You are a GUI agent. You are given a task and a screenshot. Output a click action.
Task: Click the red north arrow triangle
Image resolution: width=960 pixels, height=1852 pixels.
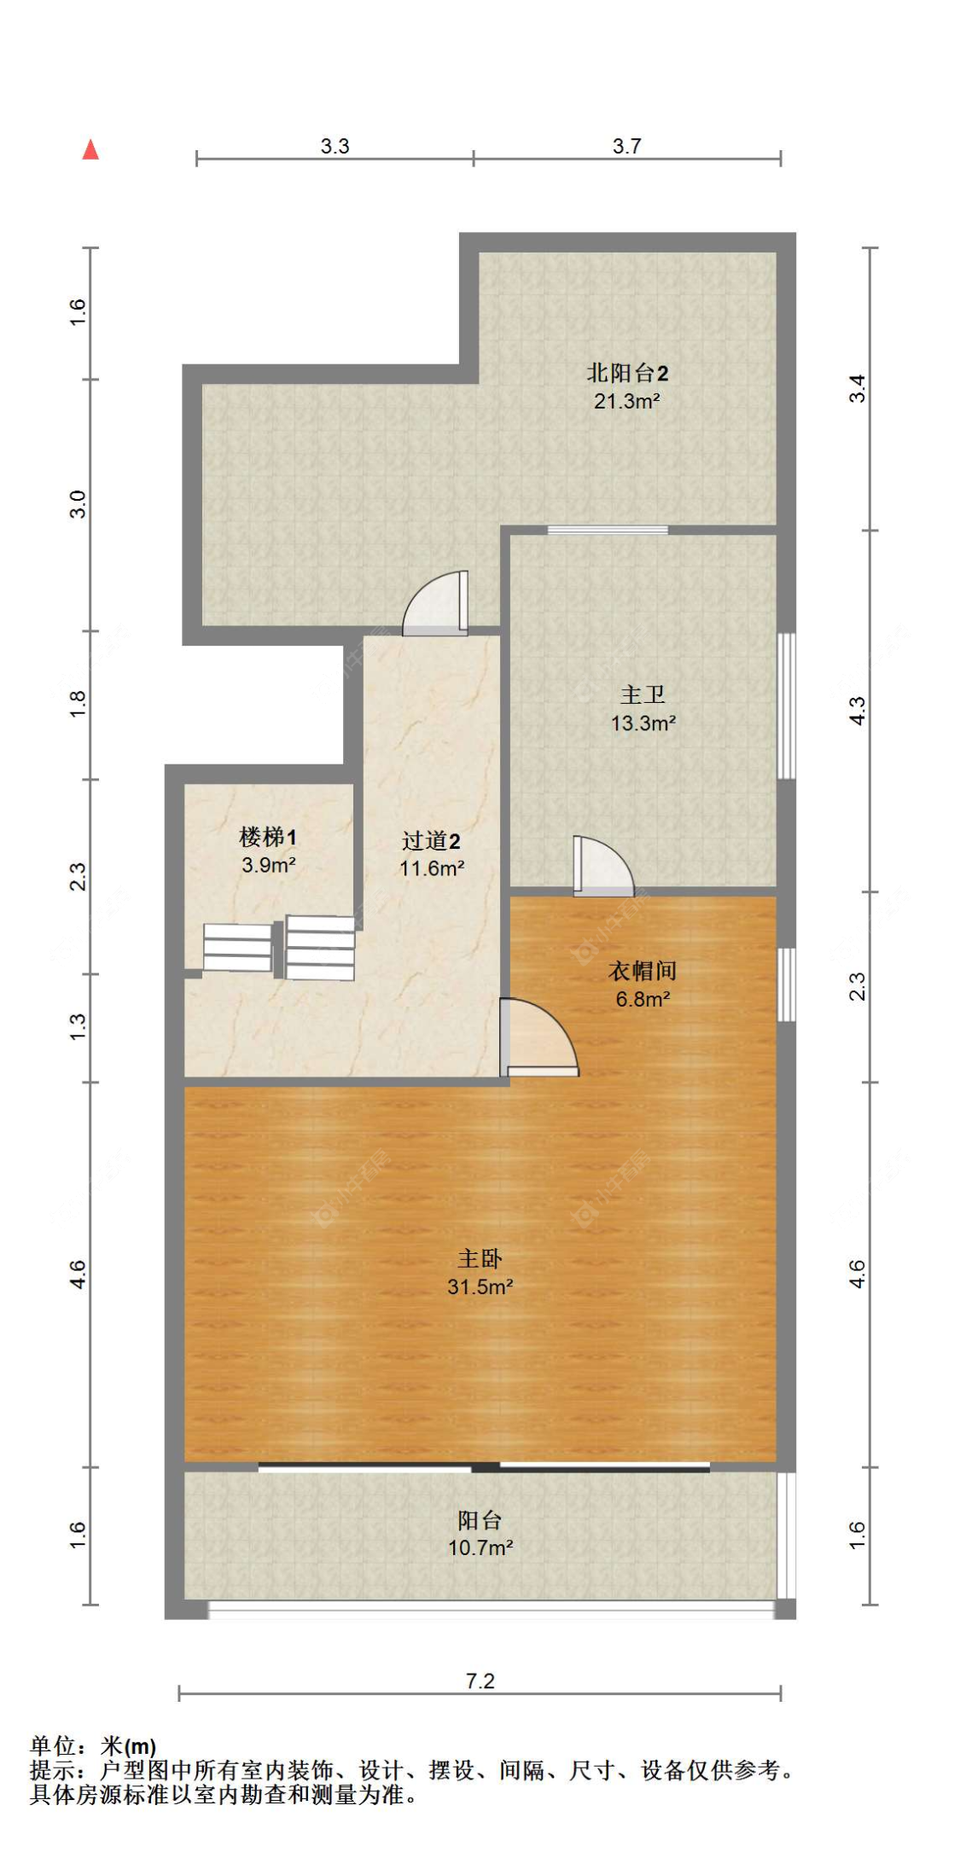[90, 150]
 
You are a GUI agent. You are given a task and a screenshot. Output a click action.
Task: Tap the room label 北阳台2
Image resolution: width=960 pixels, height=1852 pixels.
[626, 372]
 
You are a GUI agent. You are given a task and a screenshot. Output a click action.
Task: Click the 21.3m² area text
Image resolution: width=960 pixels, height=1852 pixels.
[626, 400]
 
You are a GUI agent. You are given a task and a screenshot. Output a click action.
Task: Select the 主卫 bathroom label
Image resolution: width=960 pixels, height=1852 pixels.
[643, 695]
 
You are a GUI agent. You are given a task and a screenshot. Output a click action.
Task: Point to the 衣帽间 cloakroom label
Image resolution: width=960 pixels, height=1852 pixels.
[643, 971]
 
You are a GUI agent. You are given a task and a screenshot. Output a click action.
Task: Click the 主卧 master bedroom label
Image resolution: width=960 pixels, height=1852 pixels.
[480, 1258]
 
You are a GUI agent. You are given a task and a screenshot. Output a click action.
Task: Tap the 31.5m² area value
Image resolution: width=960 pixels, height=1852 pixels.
[480, 1286]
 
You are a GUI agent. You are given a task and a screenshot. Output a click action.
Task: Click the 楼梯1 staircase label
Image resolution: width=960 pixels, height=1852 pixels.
[268, 837]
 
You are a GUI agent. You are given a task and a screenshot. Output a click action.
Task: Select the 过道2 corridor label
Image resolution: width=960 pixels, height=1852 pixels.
[431, 841]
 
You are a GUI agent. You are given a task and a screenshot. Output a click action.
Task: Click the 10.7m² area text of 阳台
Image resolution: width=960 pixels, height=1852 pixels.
[480, 1547]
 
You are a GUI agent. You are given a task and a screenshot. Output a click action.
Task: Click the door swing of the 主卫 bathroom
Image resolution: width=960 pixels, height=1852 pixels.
[602, 867]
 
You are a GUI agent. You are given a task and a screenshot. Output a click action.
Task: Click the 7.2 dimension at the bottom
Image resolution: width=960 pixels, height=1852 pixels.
[480, 1681]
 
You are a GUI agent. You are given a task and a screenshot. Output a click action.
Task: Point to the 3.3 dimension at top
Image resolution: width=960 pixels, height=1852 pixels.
[335, 146]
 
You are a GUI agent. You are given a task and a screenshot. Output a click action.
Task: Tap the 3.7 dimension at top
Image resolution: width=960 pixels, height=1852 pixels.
[626, 146]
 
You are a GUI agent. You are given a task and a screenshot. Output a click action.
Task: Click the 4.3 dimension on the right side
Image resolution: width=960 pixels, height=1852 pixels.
[858, 711]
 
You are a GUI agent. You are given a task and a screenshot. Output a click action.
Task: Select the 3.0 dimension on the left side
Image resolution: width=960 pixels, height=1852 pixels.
[78, 504]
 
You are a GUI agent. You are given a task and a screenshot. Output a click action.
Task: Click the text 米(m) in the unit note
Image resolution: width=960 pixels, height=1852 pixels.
[128, 1746]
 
